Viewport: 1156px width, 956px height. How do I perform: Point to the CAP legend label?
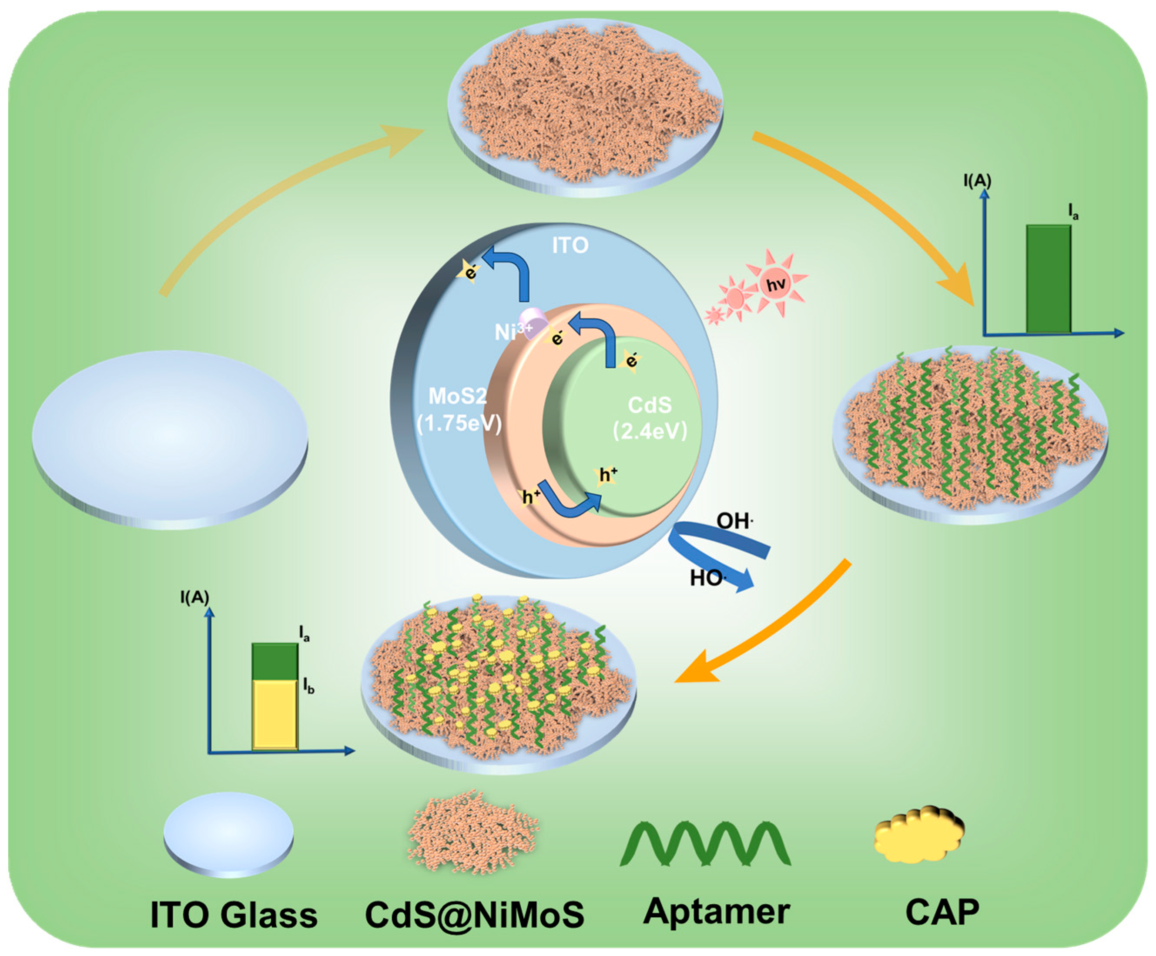coord(942,912)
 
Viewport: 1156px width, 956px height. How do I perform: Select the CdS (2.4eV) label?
coord(650,418)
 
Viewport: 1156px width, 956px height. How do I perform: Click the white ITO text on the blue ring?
coord(570,245)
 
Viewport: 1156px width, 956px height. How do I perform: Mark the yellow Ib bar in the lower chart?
coord(275,715)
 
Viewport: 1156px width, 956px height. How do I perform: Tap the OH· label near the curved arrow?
coord(734,520)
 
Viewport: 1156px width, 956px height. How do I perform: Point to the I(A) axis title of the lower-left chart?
coord(194,597)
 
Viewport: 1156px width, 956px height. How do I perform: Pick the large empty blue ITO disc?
coord(170,435)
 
